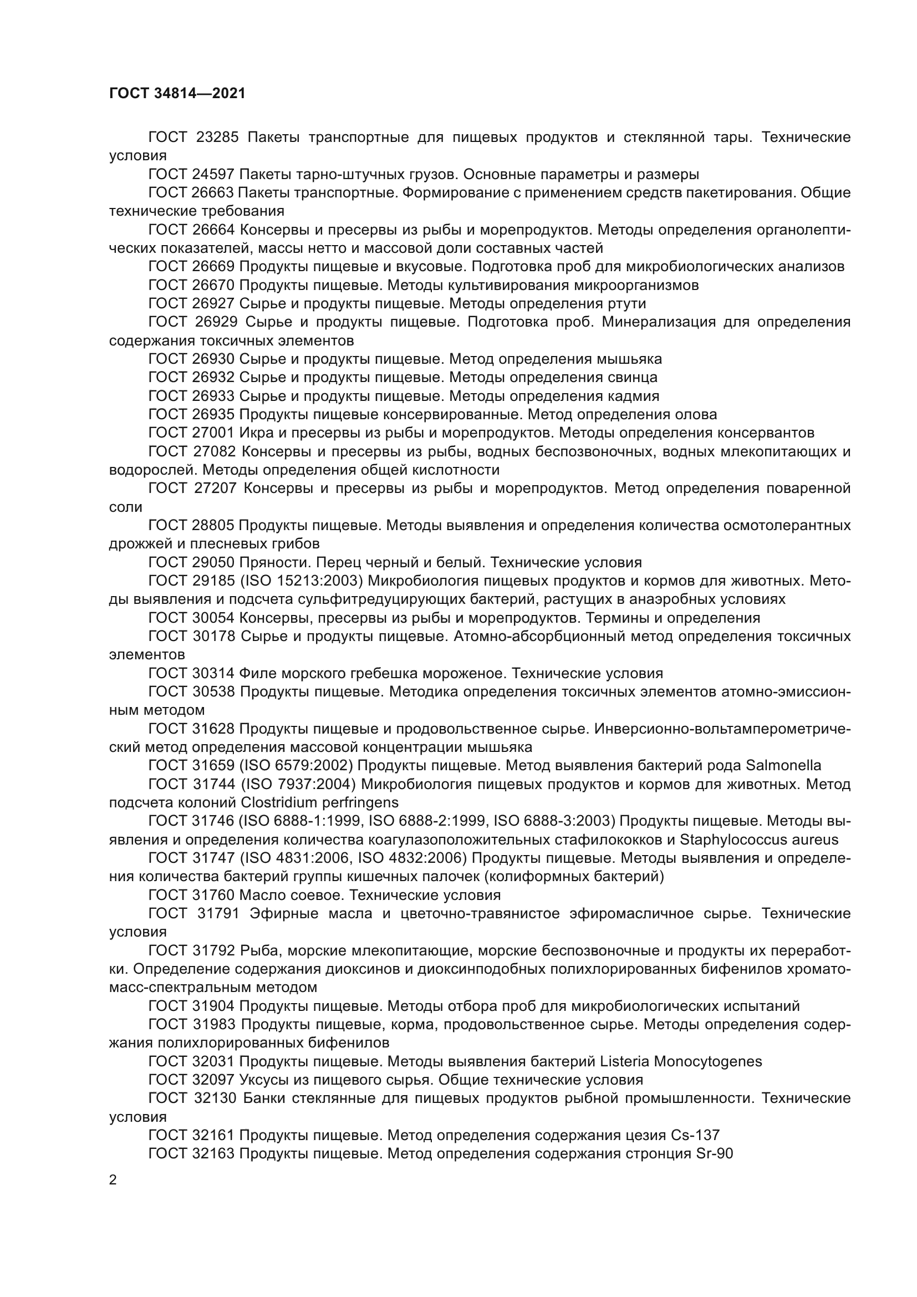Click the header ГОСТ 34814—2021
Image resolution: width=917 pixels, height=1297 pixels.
(177, 93)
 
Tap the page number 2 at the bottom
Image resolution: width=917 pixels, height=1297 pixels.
(113, 1179)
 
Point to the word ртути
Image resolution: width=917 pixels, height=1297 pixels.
(628, 303)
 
